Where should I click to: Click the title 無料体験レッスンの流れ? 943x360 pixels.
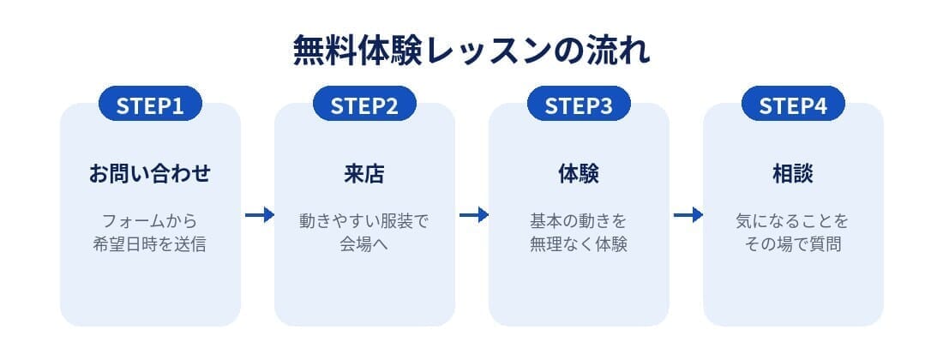coord(471,51)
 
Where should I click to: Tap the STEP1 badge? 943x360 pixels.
coord(150,104)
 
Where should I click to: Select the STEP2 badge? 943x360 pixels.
coord(364,104)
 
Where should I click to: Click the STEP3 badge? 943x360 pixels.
coord(579,104)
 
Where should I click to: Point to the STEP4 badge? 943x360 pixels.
coord(793,104)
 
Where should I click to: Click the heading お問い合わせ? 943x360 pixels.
coord(150,174)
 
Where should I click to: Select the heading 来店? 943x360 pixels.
coord(364,174)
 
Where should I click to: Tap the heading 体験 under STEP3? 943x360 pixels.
coord(579,174)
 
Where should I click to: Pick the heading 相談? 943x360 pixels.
coord(793,174)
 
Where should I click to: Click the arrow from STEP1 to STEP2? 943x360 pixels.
coord(260,214)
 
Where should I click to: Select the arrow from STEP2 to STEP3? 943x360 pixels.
coord(474,214)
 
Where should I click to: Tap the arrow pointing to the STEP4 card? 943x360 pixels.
coord(688,214)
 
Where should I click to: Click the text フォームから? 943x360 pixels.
coord(150,221)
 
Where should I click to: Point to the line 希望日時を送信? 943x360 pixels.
coord(150,245)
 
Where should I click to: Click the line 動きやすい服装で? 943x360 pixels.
coord(364,221)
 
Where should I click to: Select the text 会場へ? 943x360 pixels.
coord(364,245)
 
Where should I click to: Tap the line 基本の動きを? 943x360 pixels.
coord(579,221)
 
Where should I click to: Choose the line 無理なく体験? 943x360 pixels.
coord(579,245)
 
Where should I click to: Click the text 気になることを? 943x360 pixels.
coord(793,221)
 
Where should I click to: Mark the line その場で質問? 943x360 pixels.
coord(793,245)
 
